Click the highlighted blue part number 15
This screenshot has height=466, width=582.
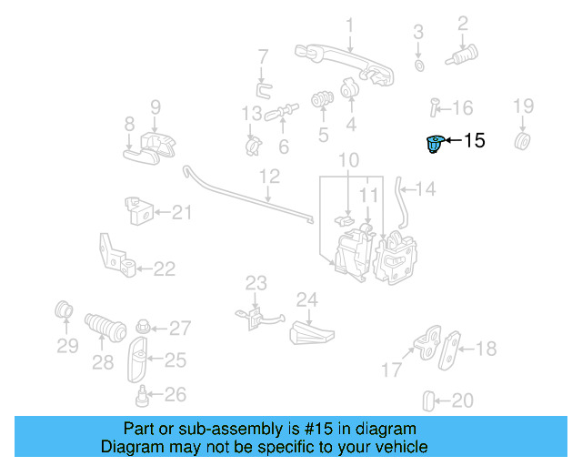point(436,144)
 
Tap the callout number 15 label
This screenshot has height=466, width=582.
point(475,141)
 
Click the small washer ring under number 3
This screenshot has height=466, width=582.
point(418,66)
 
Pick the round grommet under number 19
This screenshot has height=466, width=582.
point(523,143)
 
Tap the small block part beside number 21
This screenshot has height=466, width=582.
point(137,212)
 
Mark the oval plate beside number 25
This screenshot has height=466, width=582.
point(138,361)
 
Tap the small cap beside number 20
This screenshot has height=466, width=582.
point(431,400)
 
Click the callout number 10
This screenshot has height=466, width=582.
point(349,160)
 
